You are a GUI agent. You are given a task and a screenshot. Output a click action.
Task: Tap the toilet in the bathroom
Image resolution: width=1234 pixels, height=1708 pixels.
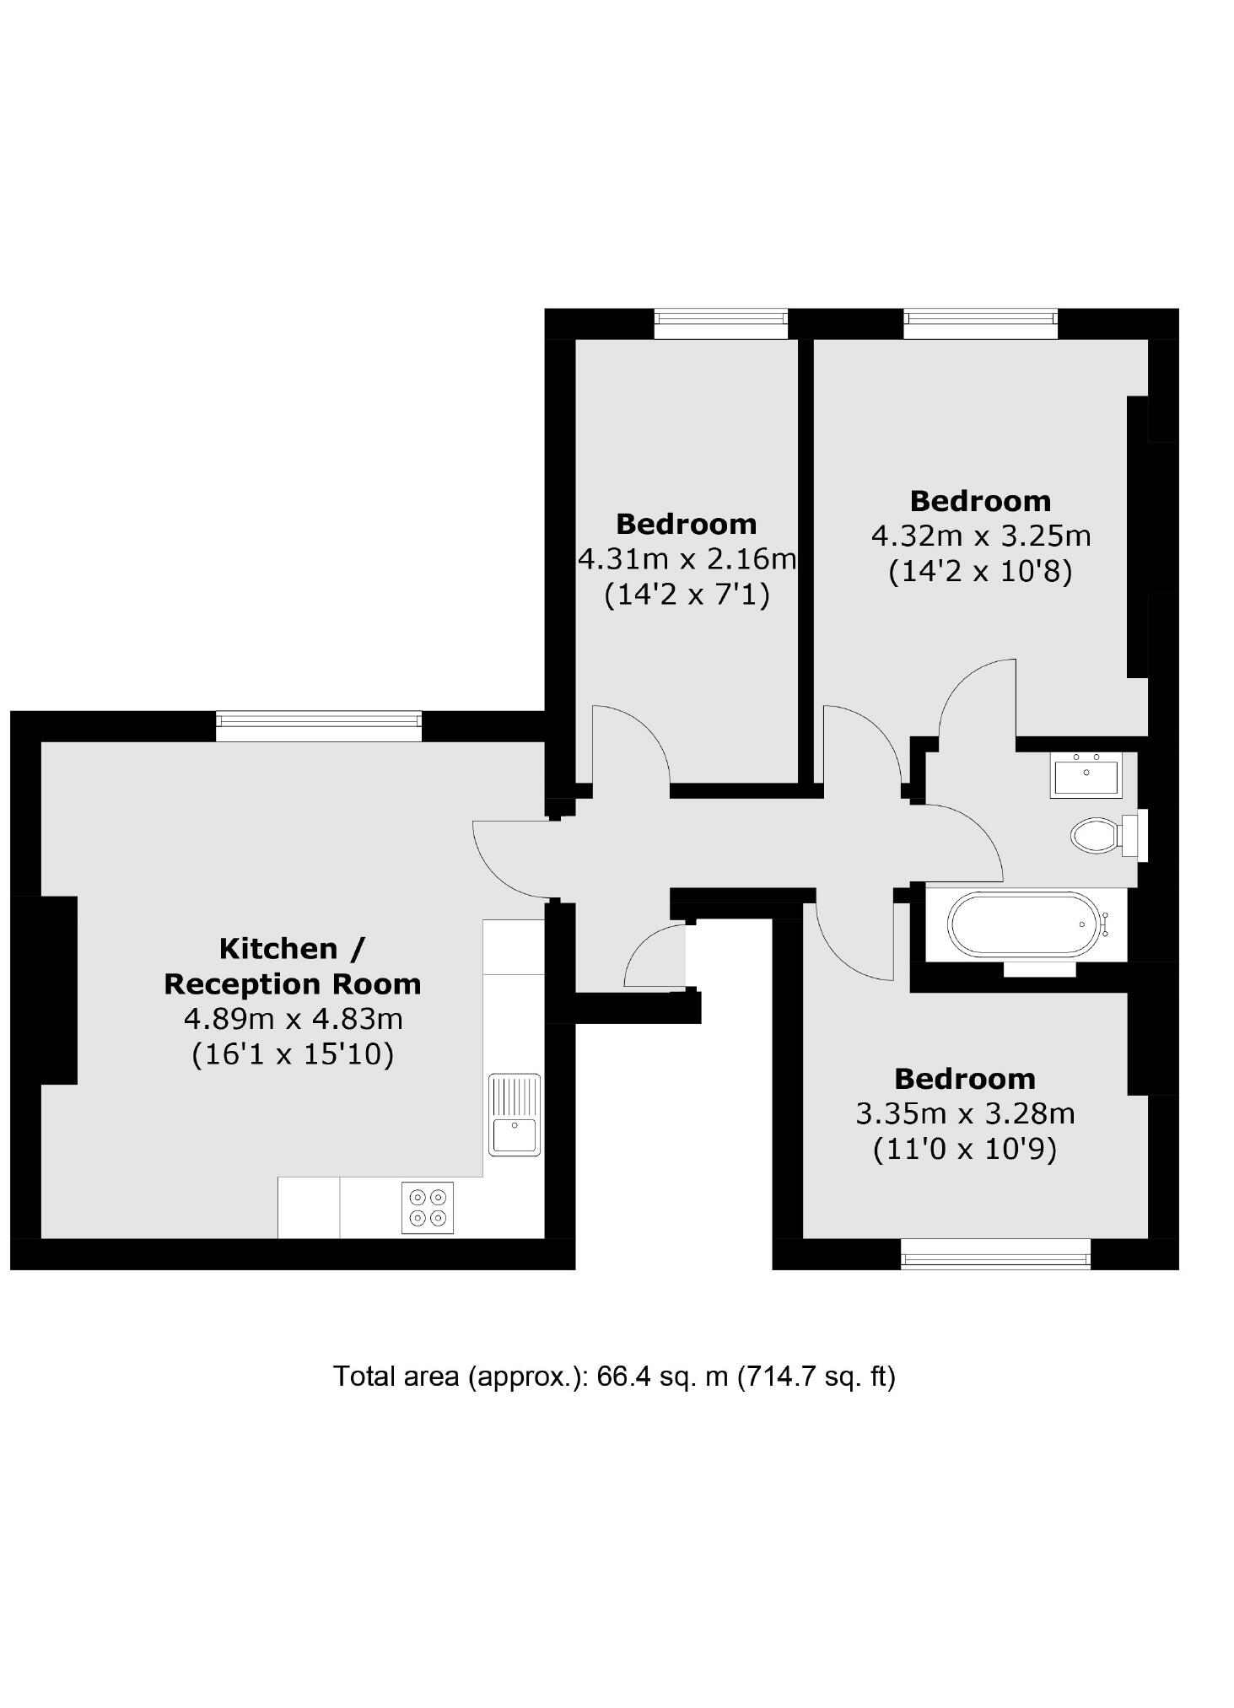click(1095, 836)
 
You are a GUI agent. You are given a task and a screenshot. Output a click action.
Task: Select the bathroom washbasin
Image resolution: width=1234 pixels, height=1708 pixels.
click(1086, 773)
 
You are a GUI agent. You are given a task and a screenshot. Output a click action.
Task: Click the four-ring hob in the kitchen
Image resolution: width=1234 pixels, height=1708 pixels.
click(427, 1208)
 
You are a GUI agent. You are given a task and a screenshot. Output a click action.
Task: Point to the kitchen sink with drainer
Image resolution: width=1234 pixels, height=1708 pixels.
click(515, 1114)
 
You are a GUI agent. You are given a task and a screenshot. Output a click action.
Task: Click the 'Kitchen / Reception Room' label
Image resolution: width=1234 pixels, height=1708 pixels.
click(292, 967)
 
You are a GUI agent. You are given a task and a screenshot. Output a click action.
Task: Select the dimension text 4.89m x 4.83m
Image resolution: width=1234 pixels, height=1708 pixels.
click(293, 1019)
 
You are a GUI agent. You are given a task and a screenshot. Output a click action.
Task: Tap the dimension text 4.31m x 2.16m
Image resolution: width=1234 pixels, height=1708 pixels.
click(687, 558)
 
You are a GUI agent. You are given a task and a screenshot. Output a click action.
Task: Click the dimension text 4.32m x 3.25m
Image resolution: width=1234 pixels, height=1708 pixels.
click(980, 536)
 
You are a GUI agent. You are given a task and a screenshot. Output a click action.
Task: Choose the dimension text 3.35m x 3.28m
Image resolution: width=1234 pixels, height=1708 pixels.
click(965, 1113)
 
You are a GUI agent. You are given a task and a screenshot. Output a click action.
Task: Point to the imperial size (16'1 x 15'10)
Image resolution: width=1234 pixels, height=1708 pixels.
click(293, 1054)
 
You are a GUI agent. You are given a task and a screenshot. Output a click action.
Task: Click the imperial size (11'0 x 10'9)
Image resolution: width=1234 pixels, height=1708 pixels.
click(965, 1149)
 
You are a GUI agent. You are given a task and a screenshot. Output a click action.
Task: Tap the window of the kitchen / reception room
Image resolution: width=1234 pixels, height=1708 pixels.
click(318, 725)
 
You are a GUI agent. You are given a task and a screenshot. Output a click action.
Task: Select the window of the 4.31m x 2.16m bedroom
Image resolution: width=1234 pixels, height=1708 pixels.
click(720, 322)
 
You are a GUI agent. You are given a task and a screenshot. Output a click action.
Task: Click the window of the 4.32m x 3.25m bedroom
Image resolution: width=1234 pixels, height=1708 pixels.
click(980, 322)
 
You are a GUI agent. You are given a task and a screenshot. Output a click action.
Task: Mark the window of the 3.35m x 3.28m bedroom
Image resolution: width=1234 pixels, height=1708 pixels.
click(995, 1254)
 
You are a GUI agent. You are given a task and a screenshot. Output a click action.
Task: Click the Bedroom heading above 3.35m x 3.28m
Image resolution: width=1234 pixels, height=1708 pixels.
click(965, 1078)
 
